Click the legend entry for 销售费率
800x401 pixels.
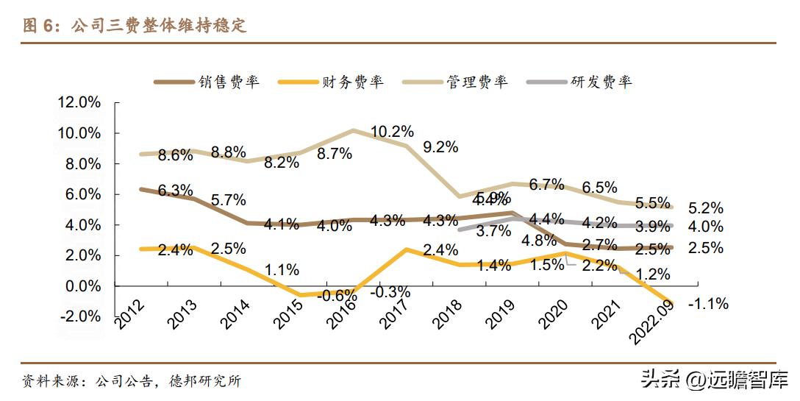coord(207,82)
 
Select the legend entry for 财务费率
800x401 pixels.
coord(332,82)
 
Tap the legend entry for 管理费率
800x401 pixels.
coord(456,82)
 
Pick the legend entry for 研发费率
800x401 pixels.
coord(580,82)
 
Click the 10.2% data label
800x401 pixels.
coord(392,132)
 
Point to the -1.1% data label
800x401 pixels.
coord(707,303)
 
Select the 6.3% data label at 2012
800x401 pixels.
coord(175,191)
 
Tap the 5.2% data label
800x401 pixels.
coord(706,208)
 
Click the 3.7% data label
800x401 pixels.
coord(493,231)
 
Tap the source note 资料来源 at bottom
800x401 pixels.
coord(132,381)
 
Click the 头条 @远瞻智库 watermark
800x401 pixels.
coord(715,380)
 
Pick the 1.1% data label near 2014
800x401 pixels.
coord(282,270)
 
